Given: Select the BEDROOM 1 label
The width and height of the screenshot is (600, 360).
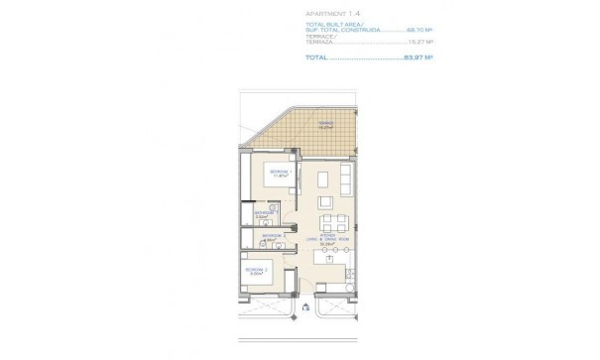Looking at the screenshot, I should [279, 173].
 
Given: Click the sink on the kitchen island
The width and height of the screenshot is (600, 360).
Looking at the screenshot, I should [328, 260].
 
